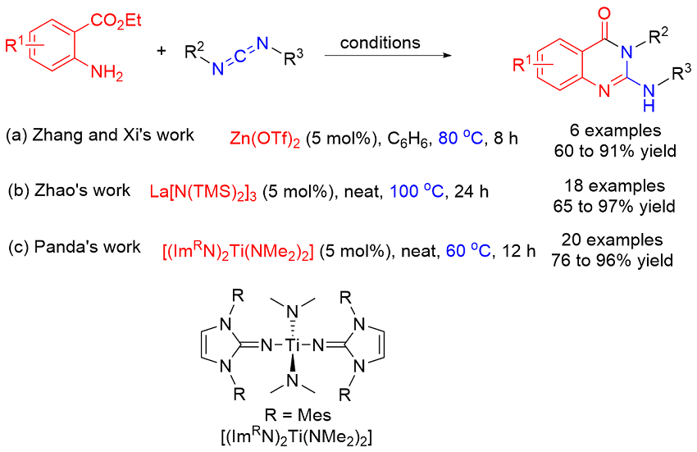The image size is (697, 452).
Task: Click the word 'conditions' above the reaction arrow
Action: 380,42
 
